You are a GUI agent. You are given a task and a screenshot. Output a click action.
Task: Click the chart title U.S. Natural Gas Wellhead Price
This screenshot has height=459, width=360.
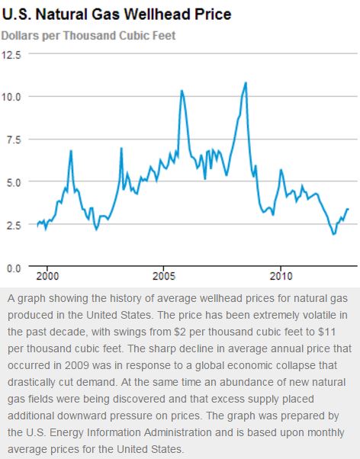click(117, 14)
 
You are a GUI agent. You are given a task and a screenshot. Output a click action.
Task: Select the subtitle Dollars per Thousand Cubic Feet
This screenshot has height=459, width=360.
click(88, 36)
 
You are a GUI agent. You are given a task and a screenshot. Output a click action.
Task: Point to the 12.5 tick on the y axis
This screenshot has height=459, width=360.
click(13, 54)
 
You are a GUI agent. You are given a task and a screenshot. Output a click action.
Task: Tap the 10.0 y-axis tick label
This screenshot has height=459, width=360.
click(13, 97)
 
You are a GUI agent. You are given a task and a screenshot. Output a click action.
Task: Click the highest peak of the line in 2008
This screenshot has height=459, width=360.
click(246, 82)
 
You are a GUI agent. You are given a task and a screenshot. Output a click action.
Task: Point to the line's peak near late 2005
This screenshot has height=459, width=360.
click(182, 91)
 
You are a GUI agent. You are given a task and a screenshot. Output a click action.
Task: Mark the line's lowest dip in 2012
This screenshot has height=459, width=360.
click(333, 234)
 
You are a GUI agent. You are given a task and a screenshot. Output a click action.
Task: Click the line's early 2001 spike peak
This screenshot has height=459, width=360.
click(71, 151)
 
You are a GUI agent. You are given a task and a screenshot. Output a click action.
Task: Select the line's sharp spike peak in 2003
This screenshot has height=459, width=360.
click(121, 148)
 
